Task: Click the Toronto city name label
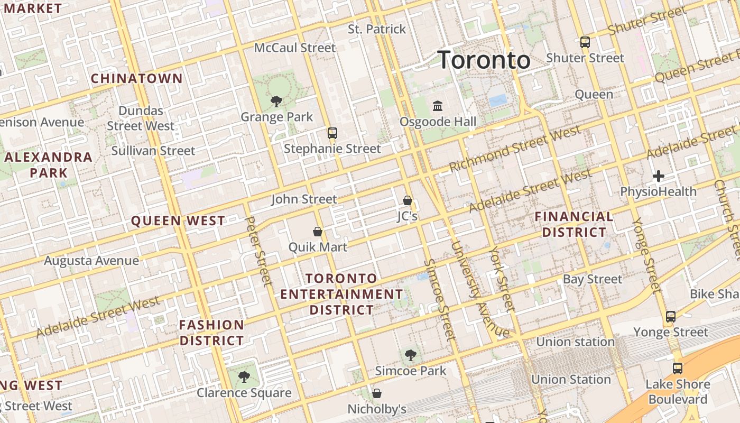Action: pyautogui.click(x=484, y=60)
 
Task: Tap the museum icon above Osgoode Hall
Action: pyautogui.click(x=438, y=106)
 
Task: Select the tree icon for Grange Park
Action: pyautogui.click(x=276, y=102)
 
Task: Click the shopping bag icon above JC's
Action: pyautogui.click(x=407, y=200)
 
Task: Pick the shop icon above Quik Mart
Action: pyautogui.click(x=318, y=232)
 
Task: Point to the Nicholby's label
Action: pyautogui.click(x=377, y=409)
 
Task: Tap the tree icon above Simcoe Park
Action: pyautogui.click(x=410, y=355)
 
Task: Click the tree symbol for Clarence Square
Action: pyautogui.click(x=244, y=377)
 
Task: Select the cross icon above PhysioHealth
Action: pyautogui.click(x=659, y=176)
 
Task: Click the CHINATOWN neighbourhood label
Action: pyautogui.click(x=137, y=79)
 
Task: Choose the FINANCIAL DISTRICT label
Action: pyautogui.click(x=574, y=224)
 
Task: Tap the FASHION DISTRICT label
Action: pyautogui.click(x=211, y=333)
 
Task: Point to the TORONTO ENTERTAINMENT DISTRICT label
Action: pyautogui.click(x=341, y=294)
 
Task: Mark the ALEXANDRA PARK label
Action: pyautogui.click(x=49, y=165)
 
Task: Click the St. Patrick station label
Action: pyautogui.click(x=377, y=29)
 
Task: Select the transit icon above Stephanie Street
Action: pyautogui.click(x=332, y=133)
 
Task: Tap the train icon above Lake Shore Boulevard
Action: pyautogui.click(x=678, y=369)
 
